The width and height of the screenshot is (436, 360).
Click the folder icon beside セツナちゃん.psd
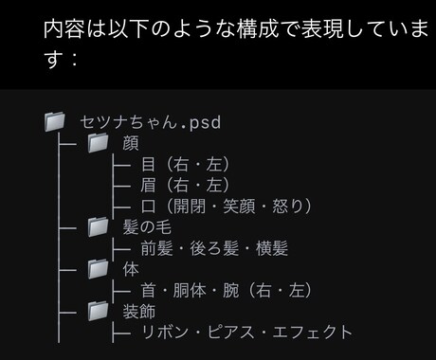56,122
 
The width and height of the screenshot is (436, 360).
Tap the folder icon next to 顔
99,144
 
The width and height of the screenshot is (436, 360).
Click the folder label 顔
130,144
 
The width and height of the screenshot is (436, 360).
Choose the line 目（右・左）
184,165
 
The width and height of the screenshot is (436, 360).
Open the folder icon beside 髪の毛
99,227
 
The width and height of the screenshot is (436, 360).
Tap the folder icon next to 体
99,269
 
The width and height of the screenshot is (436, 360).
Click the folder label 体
130,269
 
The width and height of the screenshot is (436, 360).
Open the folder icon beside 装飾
99,311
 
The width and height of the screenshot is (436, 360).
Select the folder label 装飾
140,311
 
